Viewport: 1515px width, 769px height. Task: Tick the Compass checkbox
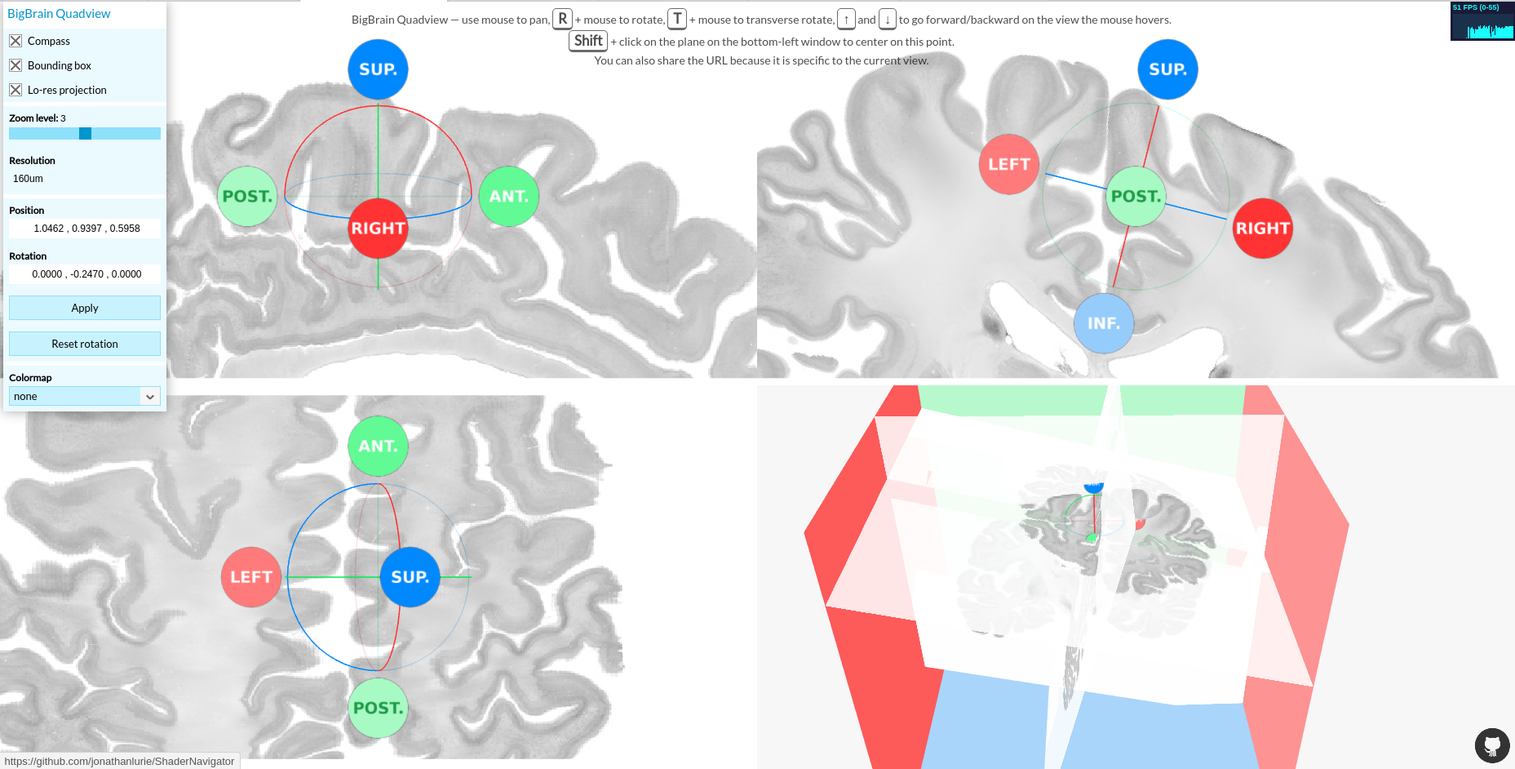click(x=16, y=41)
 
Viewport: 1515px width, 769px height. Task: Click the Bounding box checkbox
click(x=16, y=65)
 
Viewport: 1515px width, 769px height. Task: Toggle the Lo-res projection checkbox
click(x=16, y=90)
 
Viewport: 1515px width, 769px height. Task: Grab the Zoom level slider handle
click(x=85, y=133)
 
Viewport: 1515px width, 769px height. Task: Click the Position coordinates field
click(x=86, y=229)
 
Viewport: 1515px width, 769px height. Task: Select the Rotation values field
click(x=86, y=274)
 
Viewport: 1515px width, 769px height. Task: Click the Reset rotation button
click(x=85, y=344)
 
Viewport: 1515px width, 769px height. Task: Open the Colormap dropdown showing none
click(x=85, y=396)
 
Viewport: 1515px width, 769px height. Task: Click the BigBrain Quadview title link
click(x=59, y=14)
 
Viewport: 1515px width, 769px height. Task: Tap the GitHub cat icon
click(x=1491, y=745)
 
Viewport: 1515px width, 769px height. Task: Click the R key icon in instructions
click(x=562, y=19)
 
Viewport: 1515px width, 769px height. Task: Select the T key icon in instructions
click(x=677, y=19)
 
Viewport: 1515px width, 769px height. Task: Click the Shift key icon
click(x=587, y=41)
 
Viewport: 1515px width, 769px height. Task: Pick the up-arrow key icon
click(x=846, y=19)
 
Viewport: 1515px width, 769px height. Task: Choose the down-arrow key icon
click(x=887, y=19)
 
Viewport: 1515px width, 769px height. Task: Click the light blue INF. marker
click(x=1104, y=323)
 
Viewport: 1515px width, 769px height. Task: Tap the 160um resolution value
click(x=29, y=179)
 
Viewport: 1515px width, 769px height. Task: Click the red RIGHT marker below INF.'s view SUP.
click(x=1262, y=229)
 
